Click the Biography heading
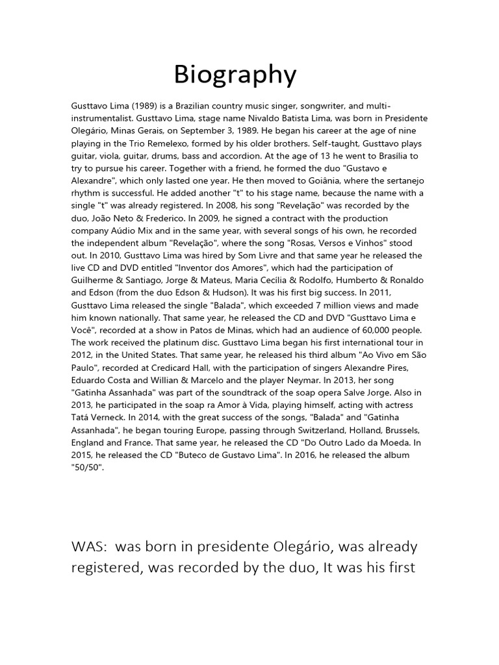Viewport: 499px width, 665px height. click(235, 75)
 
